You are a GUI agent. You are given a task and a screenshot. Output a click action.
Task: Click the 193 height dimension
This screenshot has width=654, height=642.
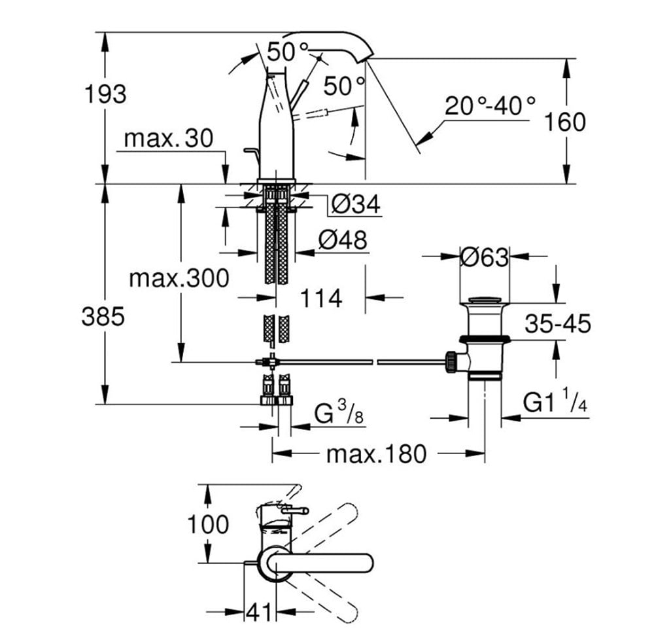[x=105, y=94]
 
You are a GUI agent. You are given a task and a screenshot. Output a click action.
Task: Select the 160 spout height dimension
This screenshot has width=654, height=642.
[x=565, y=122]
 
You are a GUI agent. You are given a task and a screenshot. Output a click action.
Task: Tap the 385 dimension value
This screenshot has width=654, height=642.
[x=103, y=316]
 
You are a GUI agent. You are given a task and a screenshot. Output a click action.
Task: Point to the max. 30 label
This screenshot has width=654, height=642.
[x=169, y=137]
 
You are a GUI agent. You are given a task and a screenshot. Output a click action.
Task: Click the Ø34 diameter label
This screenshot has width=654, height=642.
[x=356, y=204]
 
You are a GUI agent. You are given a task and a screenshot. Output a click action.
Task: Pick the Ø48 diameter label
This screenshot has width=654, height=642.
[x=343, y=240]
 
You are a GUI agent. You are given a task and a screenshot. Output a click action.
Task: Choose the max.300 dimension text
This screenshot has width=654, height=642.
[x=179, y=278]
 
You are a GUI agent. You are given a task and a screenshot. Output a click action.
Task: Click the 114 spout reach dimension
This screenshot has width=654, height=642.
[x=321, y=298]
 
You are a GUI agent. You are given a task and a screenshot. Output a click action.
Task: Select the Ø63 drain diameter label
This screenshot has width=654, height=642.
[x=485, y=257]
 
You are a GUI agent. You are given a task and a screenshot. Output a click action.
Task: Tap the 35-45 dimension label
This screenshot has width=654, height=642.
[x=558, y=323]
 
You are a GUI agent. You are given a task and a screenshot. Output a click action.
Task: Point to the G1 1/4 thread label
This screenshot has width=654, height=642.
[x=555, y=401]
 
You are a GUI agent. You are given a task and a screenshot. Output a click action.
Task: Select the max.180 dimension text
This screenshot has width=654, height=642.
[x=377, y=454]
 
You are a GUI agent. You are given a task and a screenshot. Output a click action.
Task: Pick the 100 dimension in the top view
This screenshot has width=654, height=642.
[x=208, y=524]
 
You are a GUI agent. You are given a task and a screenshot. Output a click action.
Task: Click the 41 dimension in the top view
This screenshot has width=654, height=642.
[x=258, y=613]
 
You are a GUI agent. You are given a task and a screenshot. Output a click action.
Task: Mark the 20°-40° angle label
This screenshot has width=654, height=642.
[x=490, y=105]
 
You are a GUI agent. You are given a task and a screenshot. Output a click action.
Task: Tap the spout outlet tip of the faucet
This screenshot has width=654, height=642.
[x=363, y=61]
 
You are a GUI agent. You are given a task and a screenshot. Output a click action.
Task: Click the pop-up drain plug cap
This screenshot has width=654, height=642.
[x=484, y=300]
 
